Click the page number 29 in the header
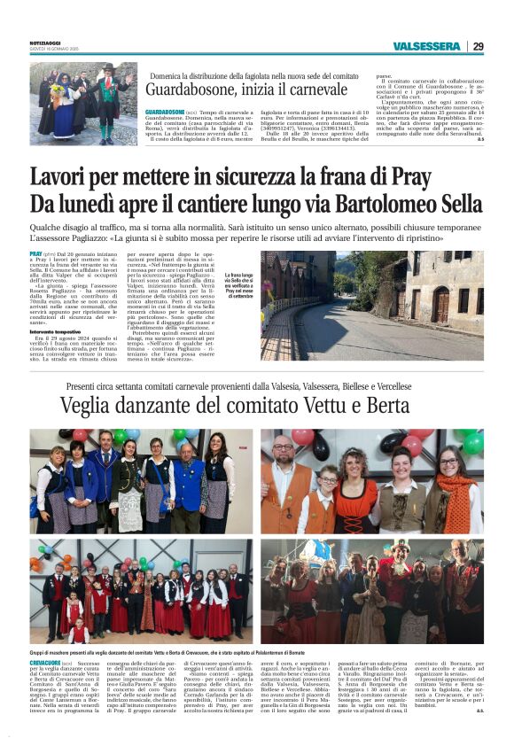(478, 46)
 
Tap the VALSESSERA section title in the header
(426, 46)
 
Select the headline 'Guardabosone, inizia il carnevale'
(246, 89)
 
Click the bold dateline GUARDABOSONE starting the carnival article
(165, 112)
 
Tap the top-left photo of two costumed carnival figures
(85, 104)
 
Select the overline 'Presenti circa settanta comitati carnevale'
(257, 385)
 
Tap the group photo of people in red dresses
(141, 591)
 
